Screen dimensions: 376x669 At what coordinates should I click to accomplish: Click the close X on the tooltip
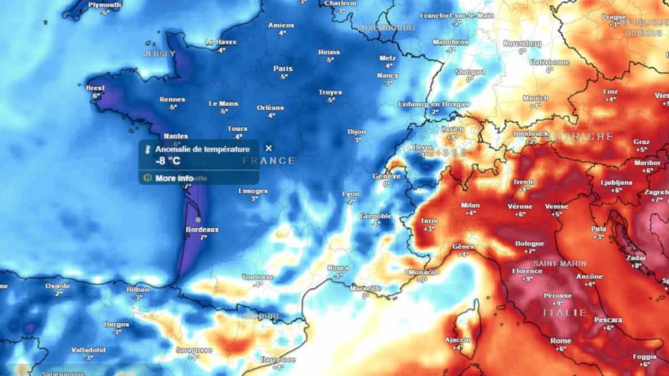click(x=269, y=148)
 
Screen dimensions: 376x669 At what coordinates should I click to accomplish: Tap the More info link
click(x=174, y=178)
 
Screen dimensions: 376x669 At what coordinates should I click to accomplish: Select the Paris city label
click(x=283, y=69)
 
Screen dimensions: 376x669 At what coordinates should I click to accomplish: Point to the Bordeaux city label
click(x=202, y=230)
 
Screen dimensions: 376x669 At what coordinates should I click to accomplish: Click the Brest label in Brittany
click(x=95, y=88)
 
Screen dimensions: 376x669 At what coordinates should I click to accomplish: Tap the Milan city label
click(x=470, y=205)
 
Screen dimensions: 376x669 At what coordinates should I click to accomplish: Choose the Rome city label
click(x=561, y=341)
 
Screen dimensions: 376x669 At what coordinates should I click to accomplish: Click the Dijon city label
click(x=357, y=131)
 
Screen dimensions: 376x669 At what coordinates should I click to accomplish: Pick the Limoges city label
click(x=253, y=191)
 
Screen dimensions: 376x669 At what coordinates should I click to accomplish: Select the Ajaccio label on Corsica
click(x=457, y=339)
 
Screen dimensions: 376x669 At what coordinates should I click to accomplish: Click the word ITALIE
click(x=564, y=313)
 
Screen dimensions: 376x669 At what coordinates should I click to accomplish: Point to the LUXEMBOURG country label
click(x=386, y=28)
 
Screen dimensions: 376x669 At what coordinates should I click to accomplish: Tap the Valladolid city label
click(x=88, y=350)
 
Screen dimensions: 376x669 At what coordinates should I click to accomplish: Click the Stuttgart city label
click(x=470, y=72)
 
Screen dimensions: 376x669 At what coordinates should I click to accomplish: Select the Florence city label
click(x=527, y=271)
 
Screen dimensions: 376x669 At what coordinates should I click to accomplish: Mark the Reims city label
click(x=329, y=52)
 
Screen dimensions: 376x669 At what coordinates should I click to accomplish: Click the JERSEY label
click(x=159, y=54)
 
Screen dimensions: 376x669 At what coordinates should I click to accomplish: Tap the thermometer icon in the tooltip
click(x=148, y=149)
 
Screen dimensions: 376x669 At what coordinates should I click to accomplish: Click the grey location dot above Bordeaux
click(x=198, y=219)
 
